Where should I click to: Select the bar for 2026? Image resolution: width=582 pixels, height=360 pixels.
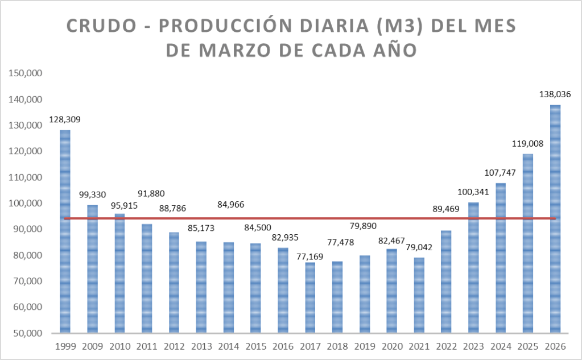pyautogui.click(x=555, y=219)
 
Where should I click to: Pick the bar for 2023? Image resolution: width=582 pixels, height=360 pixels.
pyautogui.click(x=473, y=267)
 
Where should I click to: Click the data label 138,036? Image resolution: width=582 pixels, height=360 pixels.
pyautogui.click(x=555, y=94)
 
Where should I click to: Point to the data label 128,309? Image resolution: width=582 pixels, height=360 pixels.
pyautogui.click(x=65, y=119)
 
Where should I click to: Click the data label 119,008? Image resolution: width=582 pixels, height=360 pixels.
pyautogui.click(x=527, y=143)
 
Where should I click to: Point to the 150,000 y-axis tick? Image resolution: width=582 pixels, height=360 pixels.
pyautogui.click(x=27, y=73)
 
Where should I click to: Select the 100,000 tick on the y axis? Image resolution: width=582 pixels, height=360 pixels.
pyautogui.click(x=27, y=203)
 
